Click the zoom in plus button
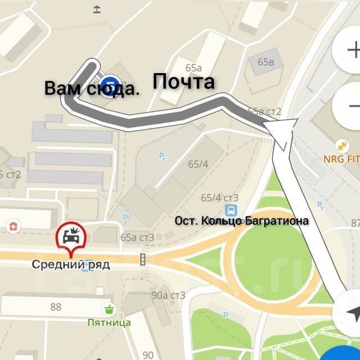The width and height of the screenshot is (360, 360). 352,51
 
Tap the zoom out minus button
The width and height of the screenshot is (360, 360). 352,106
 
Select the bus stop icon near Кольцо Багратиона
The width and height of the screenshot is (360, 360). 229,210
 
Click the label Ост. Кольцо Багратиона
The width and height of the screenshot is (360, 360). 241,221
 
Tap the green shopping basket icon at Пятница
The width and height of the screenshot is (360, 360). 108,309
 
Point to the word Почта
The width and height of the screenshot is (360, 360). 184,82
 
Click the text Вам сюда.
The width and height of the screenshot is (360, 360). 92,89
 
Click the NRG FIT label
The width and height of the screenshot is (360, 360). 341,159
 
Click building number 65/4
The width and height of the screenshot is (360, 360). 198,164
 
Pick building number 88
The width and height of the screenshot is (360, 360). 56,307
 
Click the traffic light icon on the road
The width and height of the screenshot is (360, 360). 143,259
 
